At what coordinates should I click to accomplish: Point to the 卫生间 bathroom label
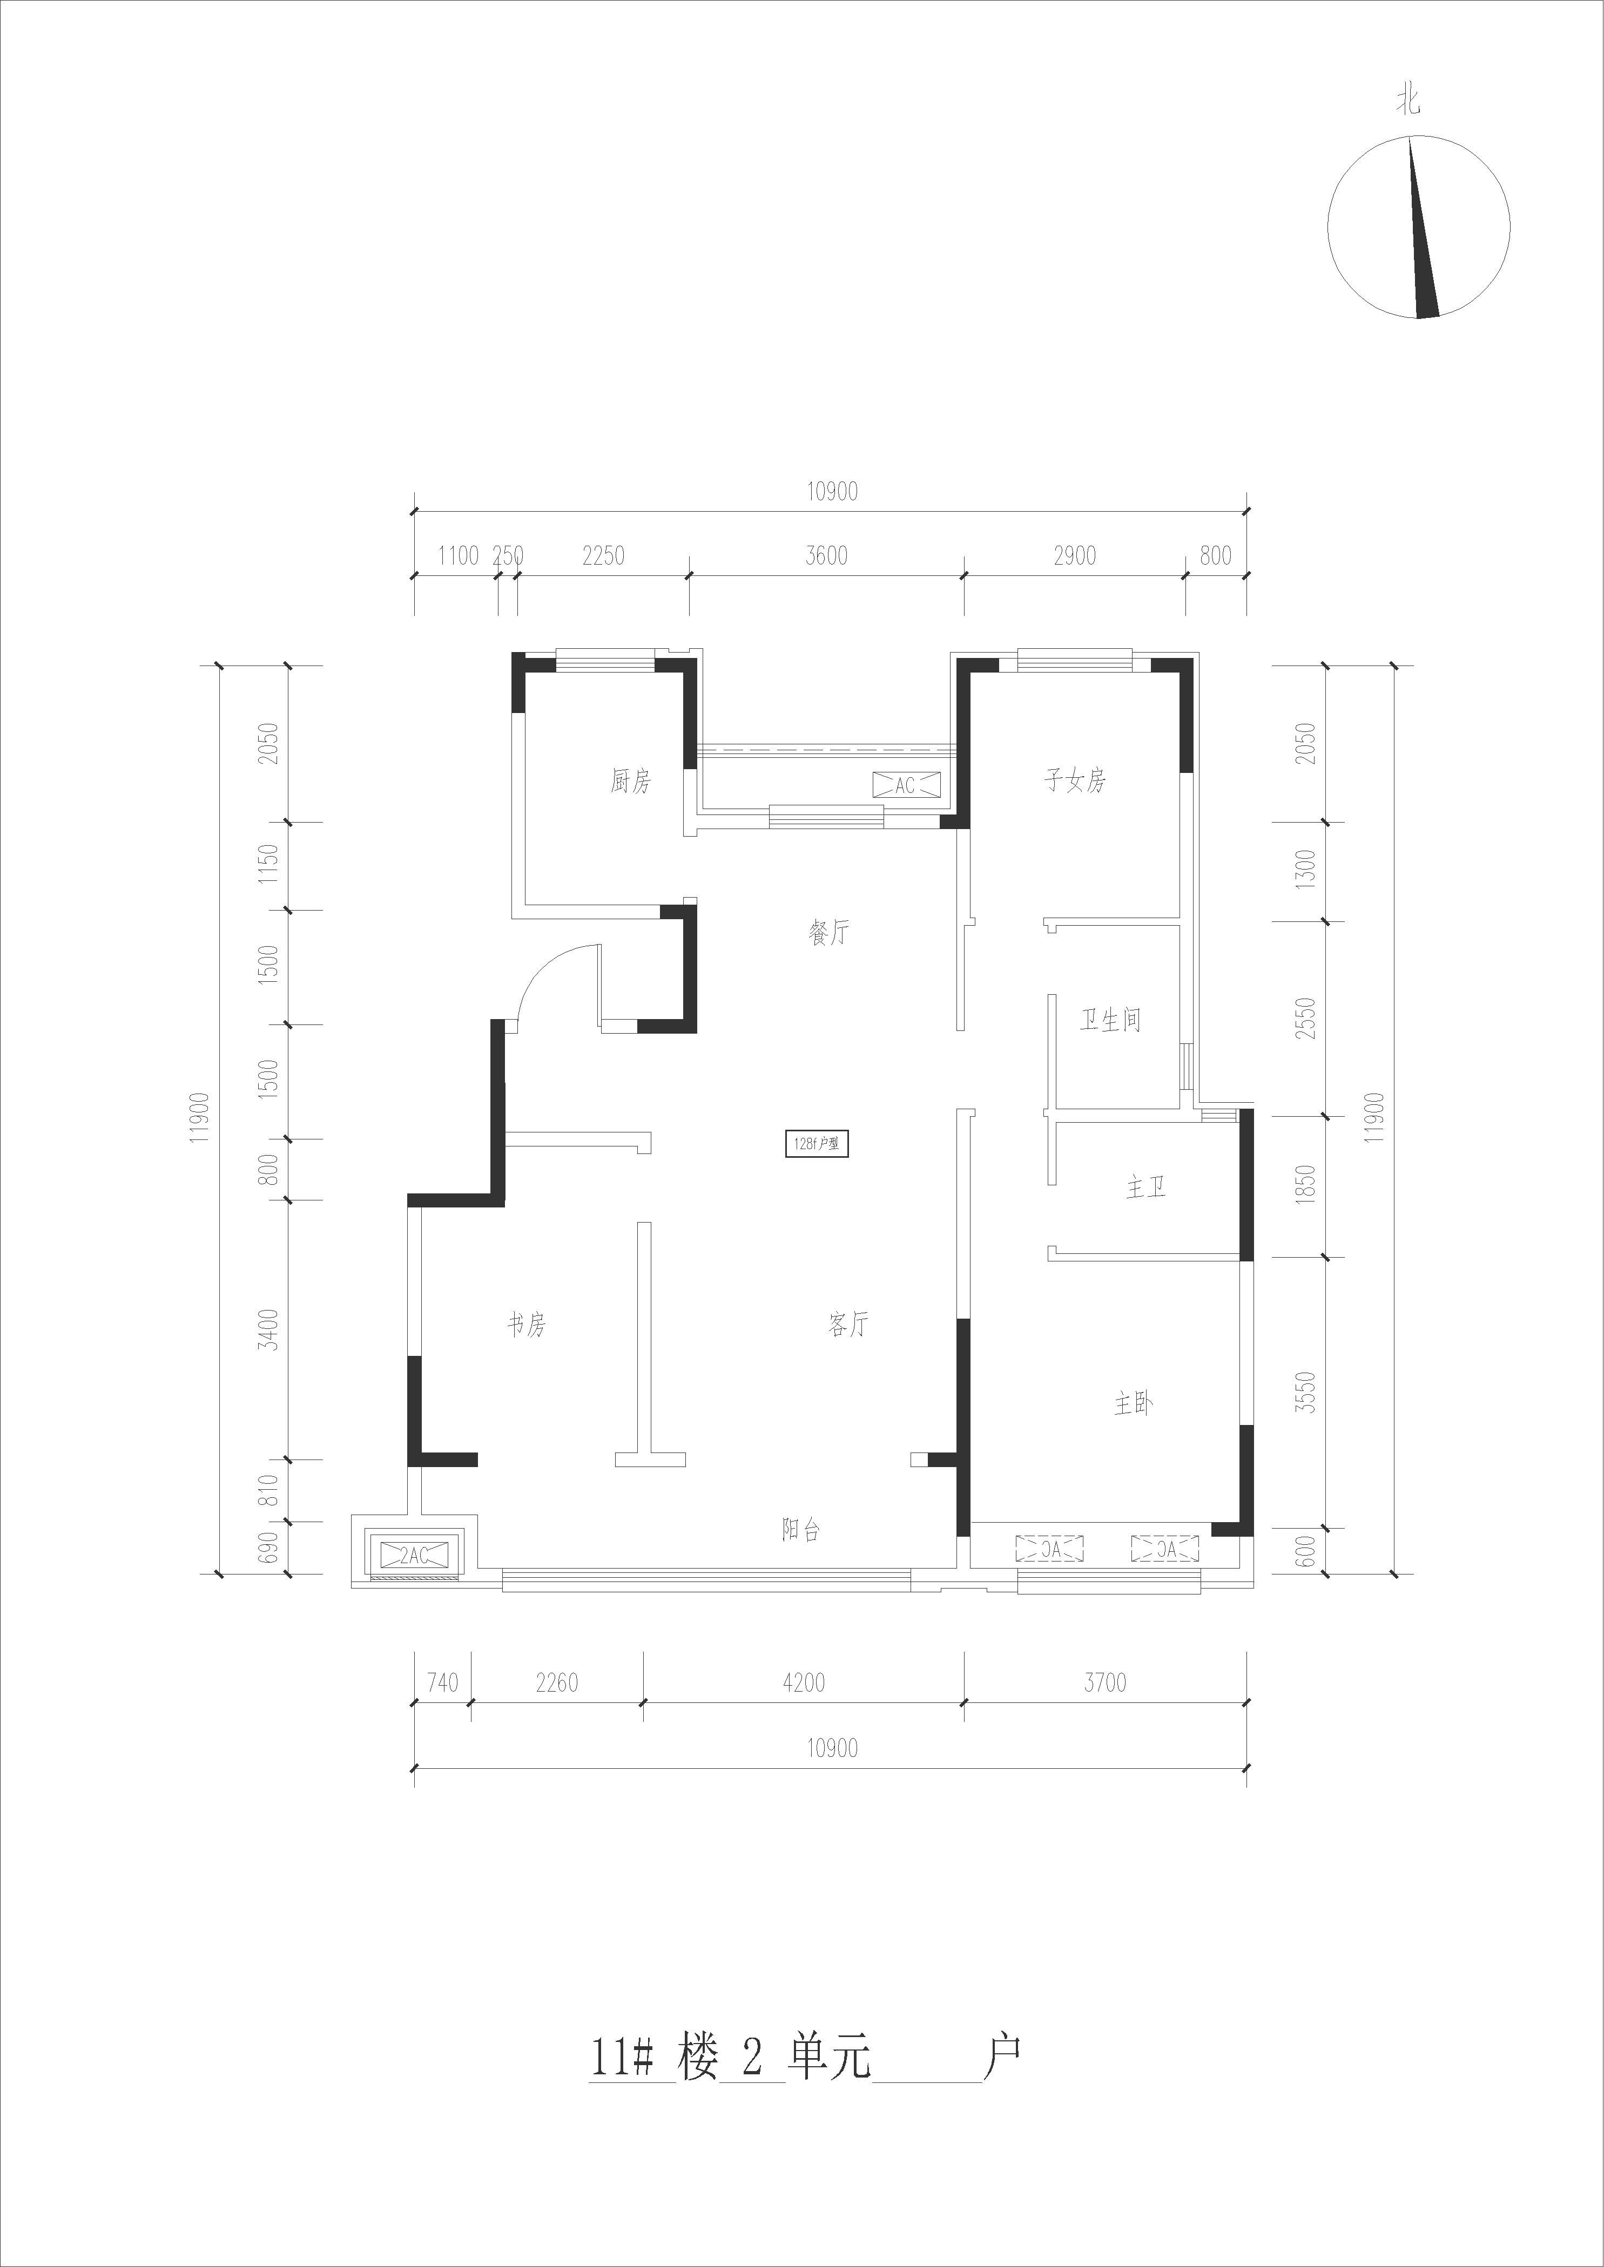(x=1110, y=1020)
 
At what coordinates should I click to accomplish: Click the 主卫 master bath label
(x=1145, y=1187)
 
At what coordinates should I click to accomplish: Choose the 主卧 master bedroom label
(x=1134, y=1404)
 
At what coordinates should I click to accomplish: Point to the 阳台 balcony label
(x=801, y=1530)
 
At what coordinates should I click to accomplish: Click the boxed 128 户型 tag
(x=817, y=1144)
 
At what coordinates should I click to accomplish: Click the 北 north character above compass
(x=1408, y=101)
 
